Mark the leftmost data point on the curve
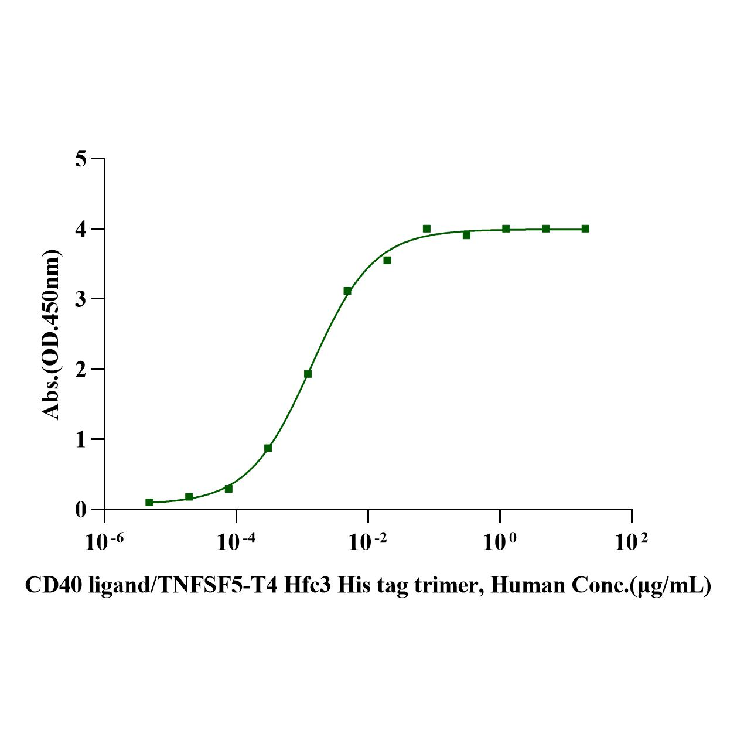[x=149, y=502]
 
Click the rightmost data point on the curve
[x=585, y=228]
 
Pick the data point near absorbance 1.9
[x=308, y=374]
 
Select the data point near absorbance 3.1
[x=347, y=291]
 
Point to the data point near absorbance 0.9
[x=268, y=448]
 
